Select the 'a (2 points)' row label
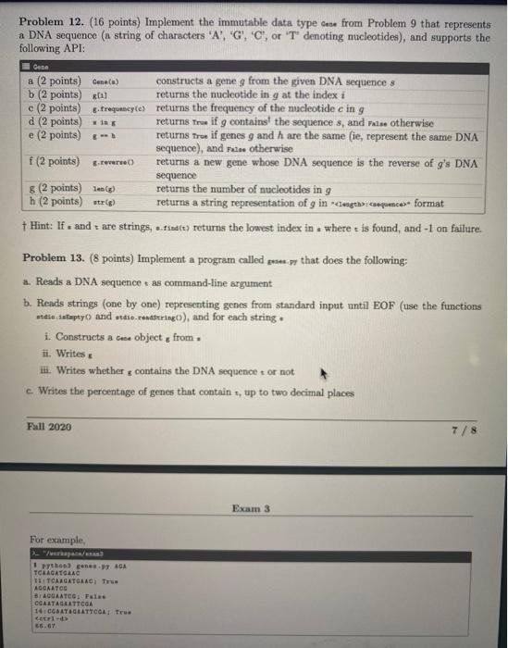(x=55, y=81)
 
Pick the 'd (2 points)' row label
(x=55, y=121)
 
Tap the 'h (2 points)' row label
(x=55, y=200)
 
